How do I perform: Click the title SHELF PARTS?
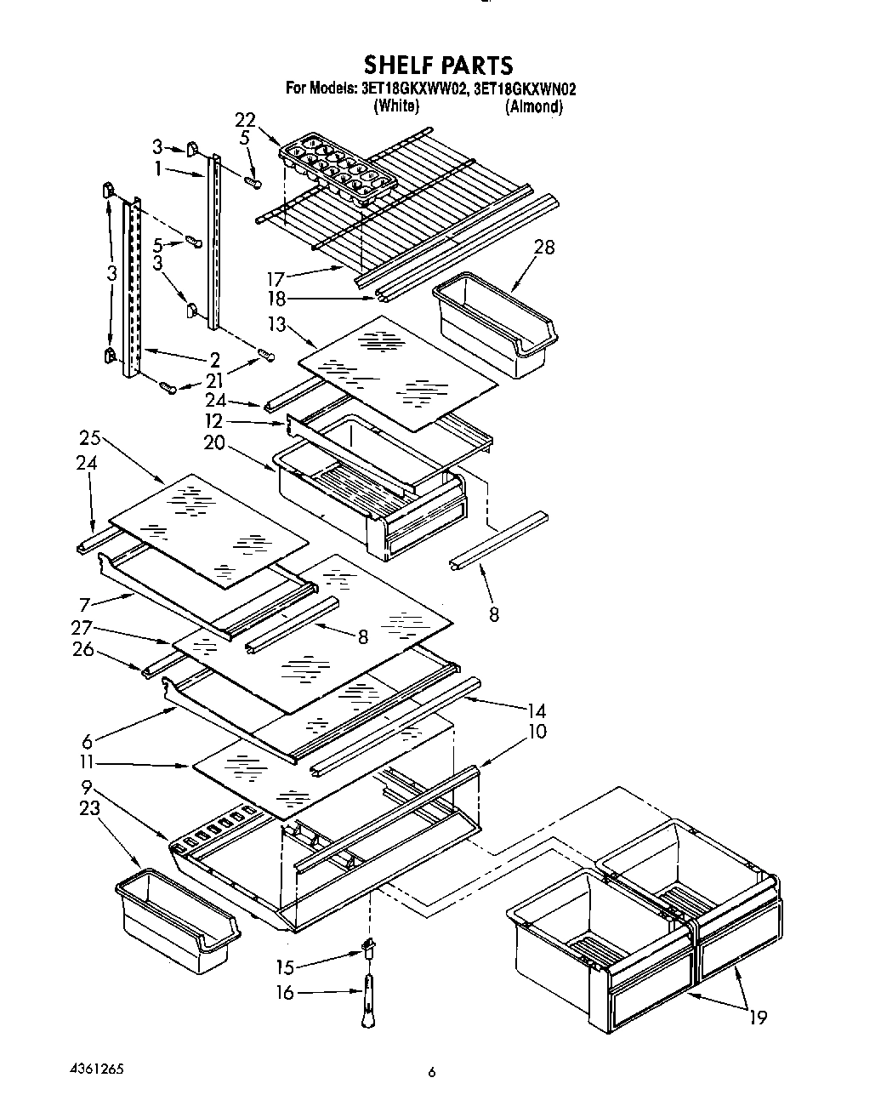pyautogui.click(x=438, y=65)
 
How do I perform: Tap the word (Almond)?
pyautogui.click(x=533, y=106)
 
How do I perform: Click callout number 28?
pyautogui.click(x=543, y=247)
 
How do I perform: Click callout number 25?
pyautogui.click(x=90, y=439)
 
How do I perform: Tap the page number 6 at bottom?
pyautogui.click(x=432, y=1074)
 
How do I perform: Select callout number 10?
pyautogui.click(x=537, y=731)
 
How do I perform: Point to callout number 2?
pyautogui.click(x=215, y=360)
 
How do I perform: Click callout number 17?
pyautogui.click(x=274, y=277)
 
